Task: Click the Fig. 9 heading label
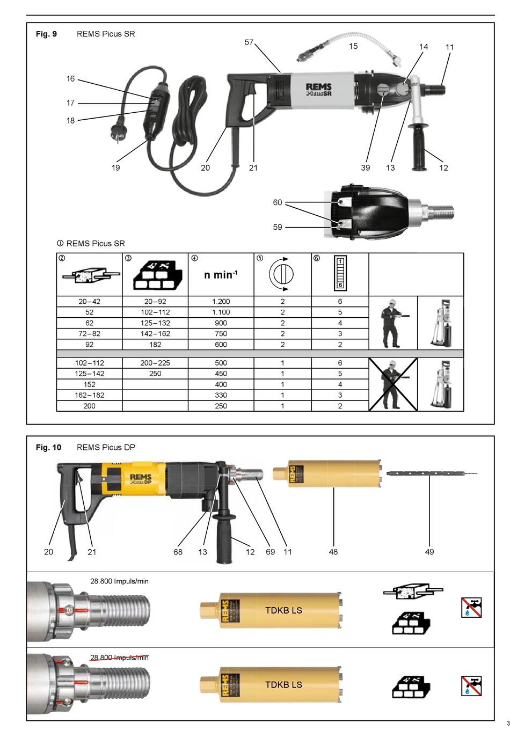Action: (46, 34)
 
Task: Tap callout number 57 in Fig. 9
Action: (249, 42)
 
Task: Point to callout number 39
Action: (366, 167)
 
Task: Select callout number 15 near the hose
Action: (353, 46)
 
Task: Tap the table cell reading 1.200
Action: (221, 302)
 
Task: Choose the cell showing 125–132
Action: (155, 323)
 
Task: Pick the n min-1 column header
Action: (221, 275)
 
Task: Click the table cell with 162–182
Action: (89, 395)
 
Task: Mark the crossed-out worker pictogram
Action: (393, 384)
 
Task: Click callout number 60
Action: (278, 202)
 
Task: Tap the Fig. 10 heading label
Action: (48, 447)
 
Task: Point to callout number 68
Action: (178, 552)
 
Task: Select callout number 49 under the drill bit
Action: (429, 552)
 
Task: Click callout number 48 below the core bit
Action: (333, 552)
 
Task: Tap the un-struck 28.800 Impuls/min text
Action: (119, 581)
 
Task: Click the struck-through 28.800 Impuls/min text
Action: (119, 658)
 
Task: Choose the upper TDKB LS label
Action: (283, 610)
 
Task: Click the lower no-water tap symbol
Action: (471, 685)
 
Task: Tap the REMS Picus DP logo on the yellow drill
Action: (140, 479)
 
